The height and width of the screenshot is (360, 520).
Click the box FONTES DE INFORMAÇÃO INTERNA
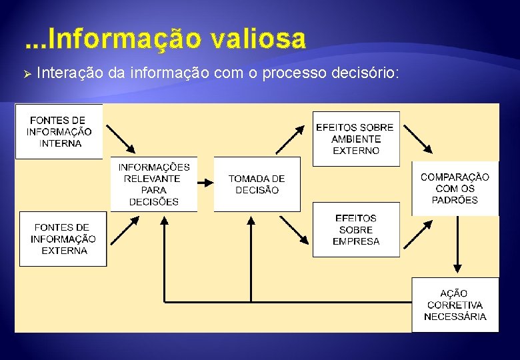[59, 131]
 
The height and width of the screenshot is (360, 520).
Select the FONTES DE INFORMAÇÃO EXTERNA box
[63, 239]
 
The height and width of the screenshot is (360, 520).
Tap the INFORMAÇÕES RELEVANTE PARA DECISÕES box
[154, 184]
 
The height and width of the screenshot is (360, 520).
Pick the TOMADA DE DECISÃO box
[257, 184]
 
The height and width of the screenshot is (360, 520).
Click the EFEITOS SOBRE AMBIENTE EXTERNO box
[356, 139]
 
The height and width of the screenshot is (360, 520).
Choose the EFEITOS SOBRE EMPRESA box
[356, 229]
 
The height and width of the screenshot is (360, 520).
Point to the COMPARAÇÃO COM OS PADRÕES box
[455, 188]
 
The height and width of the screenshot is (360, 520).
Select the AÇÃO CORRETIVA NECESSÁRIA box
[455, 305]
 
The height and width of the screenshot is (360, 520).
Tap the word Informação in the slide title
[124, 39]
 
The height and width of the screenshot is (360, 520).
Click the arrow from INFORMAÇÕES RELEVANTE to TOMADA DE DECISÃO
[205, 182]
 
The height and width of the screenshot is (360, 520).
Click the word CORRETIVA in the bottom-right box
[455, 305]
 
